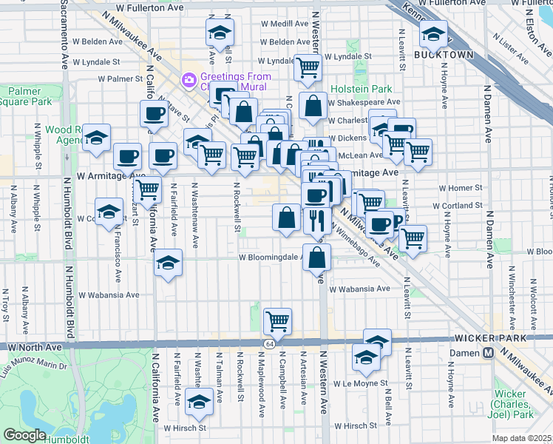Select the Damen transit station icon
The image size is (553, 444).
tap(488, 354)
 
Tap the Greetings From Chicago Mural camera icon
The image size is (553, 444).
tap(189, 78)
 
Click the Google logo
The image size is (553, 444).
tap(24, 435)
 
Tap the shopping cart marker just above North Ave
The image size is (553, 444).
tap(278, 320)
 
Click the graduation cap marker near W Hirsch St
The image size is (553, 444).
tap(197, 400)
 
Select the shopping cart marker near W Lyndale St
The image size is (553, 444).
tap(308, 68)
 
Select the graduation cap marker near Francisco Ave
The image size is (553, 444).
tap(109, 212)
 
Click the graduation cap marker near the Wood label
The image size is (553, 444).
tap(96, 137)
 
